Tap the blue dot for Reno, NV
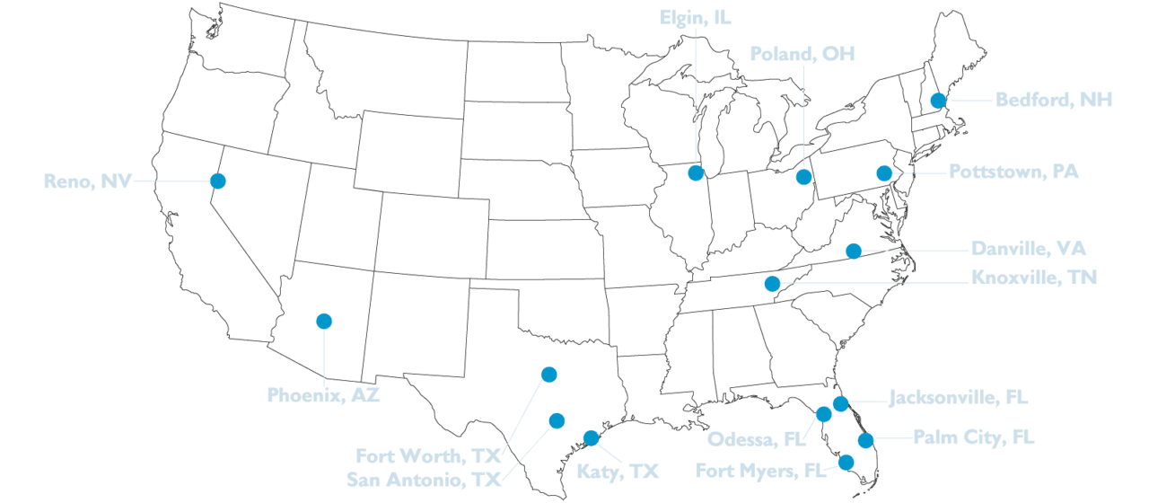pyautogui.click(x=218, y=180)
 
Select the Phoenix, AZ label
pyautogui.click(x=323, y=394)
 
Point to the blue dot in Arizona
pyautogui.click(x=324, y=321)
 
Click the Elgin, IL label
pyautogui.click(x=696, y=18)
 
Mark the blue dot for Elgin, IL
pyautogui.click(x=695, y=172)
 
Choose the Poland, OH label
pyautogui.click(x=803, y=55)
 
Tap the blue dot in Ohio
pyautogui.click(x=803, y=177)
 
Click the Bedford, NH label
pyautogui.click(x=1054, y=100)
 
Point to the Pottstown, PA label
pyautogui.click(x=1014, y=172)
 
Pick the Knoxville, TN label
pyautogui.click(x=1034, y=278)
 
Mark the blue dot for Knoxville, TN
pyautogui.click(x=771, y=284)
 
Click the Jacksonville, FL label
pyautogui.click(x=958, y=397)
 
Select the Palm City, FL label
pyautogui.click(x=973, y=438)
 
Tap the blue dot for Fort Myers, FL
pyautogui.click(x=846, y=463)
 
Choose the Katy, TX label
pyautogui.click(x=617, y=471)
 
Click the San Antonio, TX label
pyautogui.click(x=424, y=479)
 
